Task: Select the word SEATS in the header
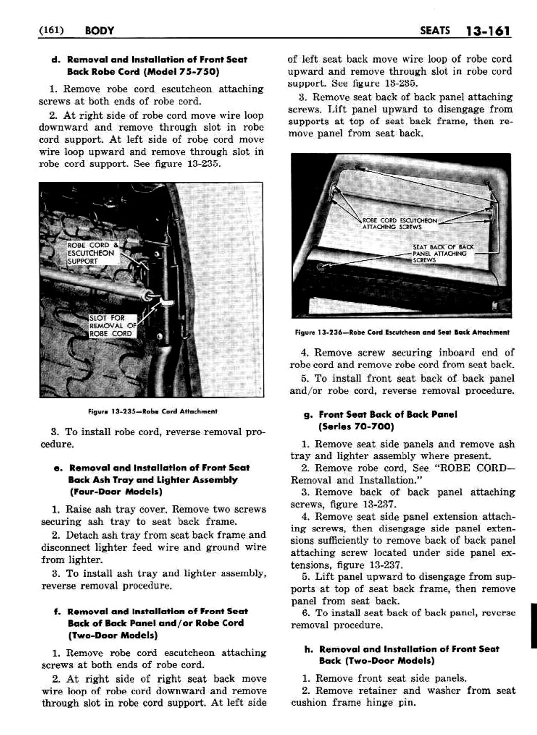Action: click(435, 31)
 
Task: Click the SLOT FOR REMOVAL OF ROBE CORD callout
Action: click(111, 326)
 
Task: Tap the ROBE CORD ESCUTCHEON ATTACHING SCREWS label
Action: click(400, 224)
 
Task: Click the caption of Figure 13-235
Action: click(152, 411)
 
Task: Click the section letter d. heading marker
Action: click(55, 60)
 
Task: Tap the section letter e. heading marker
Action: click(58, 467)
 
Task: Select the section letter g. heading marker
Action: click(307, 415)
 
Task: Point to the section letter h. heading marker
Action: click(308, 649)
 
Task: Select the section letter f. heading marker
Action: click(57, 612)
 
